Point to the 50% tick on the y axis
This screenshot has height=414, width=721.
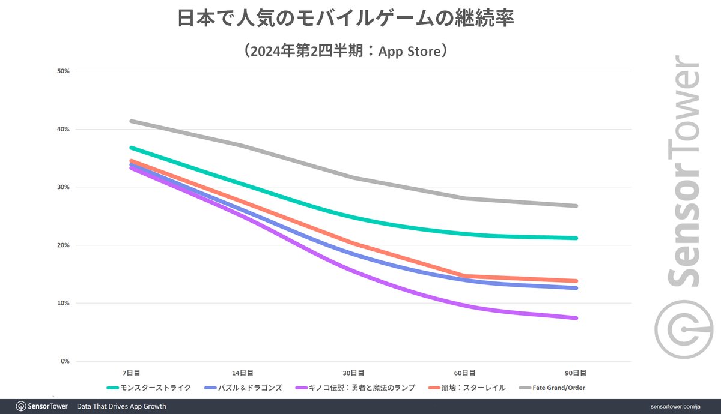coord(63,71)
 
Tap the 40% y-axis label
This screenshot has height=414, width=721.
coord(63,129)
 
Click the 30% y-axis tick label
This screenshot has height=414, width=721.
coord(63,187)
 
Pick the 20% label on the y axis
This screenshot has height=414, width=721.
coord(63,245)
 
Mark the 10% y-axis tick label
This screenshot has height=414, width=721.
coord(63,303)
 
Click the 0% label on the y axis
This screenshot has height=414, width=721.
coord(65,361)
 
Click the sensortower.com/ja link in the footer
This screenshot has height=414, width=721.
coord(678,406)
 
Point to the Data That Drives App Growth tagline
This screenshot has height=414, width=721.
coord(121,406)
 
